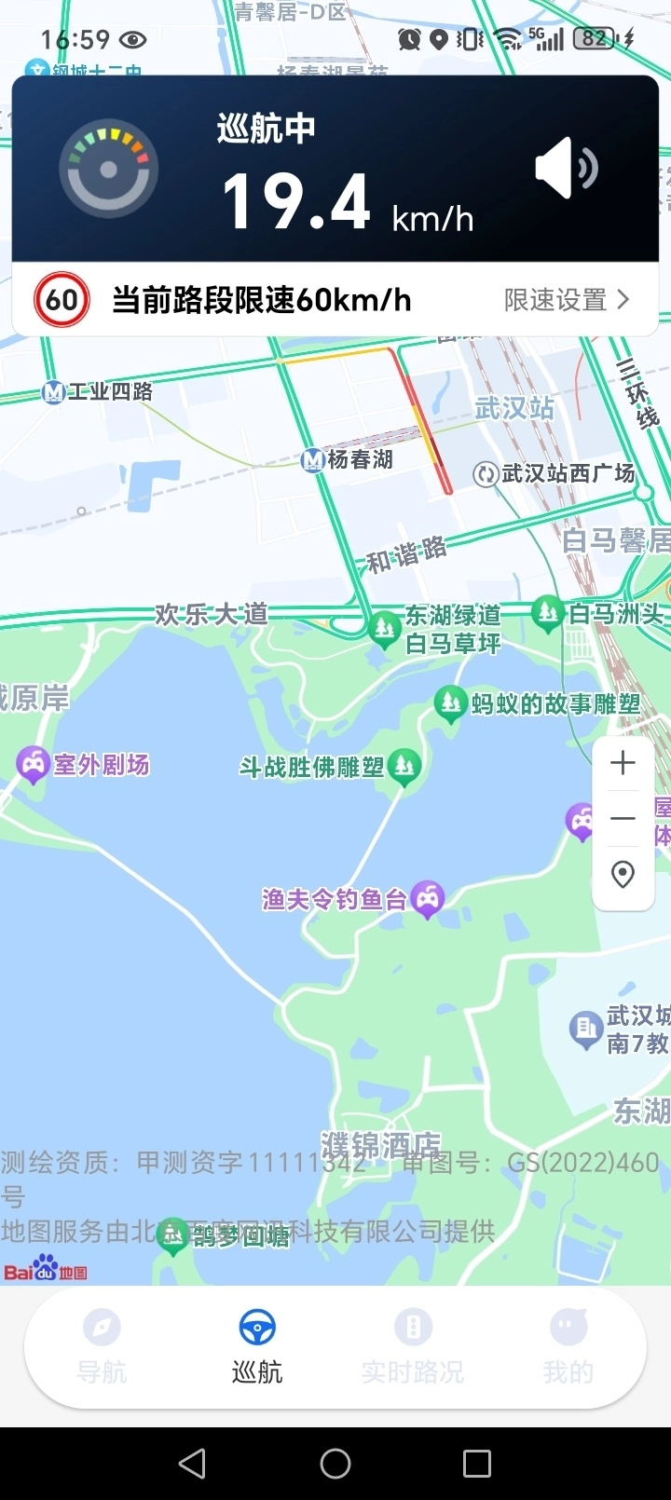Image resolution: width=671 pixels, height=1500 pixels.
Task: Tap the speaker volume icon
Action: pyautogui.click(x=566, y=170)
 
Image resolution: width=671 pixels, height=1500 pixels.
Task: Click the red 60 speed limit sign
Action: pyautogui.click(x=62, y=300)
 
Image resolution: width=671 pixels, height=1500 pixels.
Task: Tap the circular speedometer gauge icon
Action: pyautogui.click(x=108, y=170)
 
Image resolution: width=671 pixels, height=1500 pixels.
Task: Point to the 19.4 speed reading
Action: pyautogui.click(x=296, y=202)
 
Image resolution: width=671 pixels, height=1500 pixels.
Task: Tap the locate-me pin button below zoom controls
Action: pyautogui.click(x=623, y=874)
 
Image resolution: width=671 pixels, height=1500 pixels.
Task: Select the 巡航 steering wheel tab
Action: pyautogui.click(x=257, y=1346)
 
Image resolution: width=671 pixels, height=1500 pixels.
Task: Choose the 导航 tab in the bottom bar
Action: pyautogui.click(x=102, y=1346)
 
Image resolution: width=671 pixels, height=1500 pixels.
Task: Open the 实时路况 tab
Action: pyautogui.click(x=413, y=1346)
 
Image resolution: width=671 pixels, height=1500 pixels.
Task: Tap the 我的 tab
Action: pyautogui.click(x=568, y=1346)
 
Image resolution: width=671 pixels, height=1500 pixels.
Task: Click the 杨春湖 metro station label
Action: pyautogui.click(x=359, y=459)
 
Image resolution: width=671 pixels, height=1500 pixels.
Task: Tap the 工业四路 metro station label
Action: pyautogui.click(x=110, y=391)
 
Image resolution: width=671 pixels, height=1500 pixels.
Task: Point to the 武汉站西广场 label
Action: pyautogui.click(x=567, y=473)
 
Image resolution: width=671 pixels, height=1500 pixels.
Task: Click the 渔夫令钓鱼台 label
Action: pyautogui.click(x=335, y=899)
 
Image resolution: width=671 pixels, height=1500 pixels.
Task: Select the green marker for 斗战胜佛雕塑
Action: pyautogui.click(x=404, y=766)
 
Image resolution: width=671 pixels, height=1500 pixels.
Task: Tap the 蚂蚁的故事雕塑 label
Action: pyautogui.click(x=555, y=703)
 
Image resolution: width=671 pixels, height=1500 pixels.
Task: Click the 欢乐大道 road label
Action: pyautogui.click(x=212, y=615)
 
